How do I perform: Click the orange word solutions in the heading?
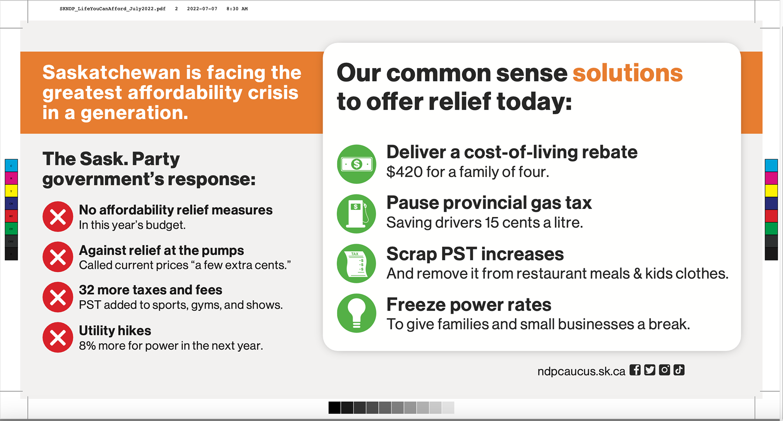coord(627,73)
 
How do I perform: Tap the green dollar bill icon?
coord(356,164)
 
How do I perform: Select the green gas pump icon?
coord(356,214)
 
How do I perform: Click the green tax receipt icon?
coord(356,263)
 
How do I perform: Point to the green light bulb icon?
coord(356,313)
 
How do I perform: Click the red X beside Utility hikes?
coord(58,337)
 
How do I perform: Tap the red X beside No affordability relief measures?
coord(58,217)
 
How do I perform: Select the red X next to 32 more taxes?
coord(58,297)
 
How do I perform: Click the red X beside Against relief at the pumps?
coord(58,257)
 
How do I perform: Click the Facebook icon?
coord(635,370)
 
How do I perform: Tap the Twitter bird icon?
coord(650,370)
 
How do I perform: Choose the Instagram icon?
coord(664,370)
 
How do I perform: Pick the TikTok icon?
coord(679,370)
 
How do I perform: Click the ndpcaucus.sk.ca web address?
coord(581,372)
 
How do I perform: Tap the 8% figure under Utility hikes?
coord(87,346)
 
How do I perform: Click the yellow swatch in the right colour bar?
coord(771,190)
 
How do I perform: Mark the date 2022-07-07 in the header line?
coord(202,9)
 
